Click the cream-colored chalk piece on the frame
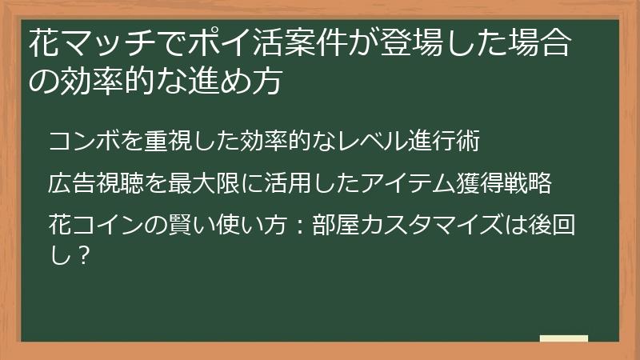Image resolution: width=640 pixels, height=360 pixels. coord(563,339)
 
